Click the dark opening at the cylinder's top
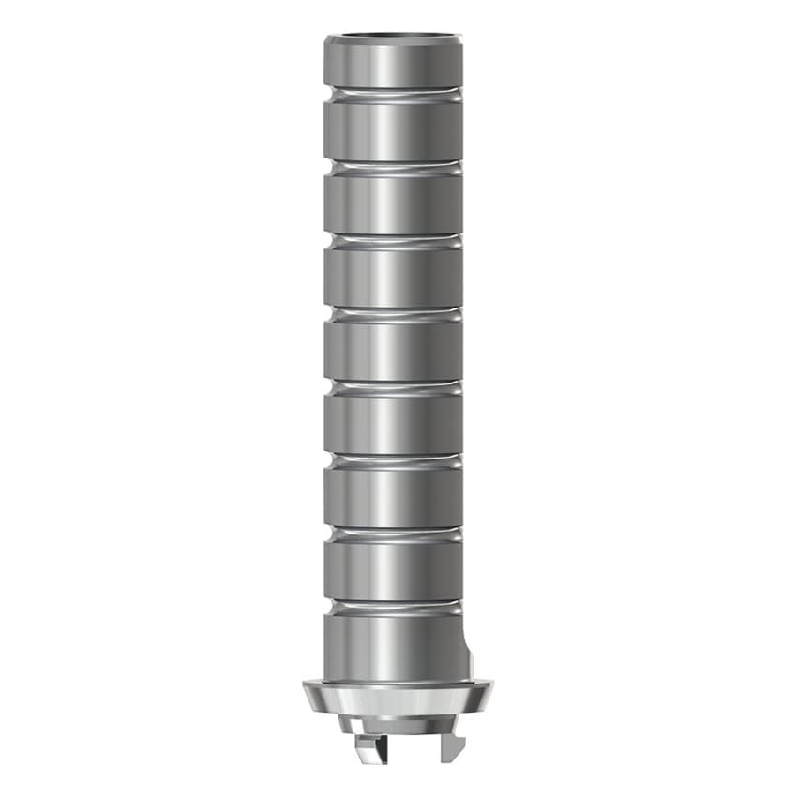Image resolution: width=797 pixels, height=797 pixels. (x=393, y=40)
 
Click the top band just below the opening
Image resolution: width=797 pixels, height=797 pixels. (x=393, y=64)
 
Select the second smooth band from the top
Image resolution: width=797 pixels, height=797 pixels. (x=393, y=129)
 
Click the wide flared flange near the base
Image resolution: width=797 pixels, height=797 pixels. (x=393, y=699)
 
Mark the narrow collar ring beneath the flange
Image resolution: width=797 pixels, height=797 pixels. (x=393, y=725)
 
